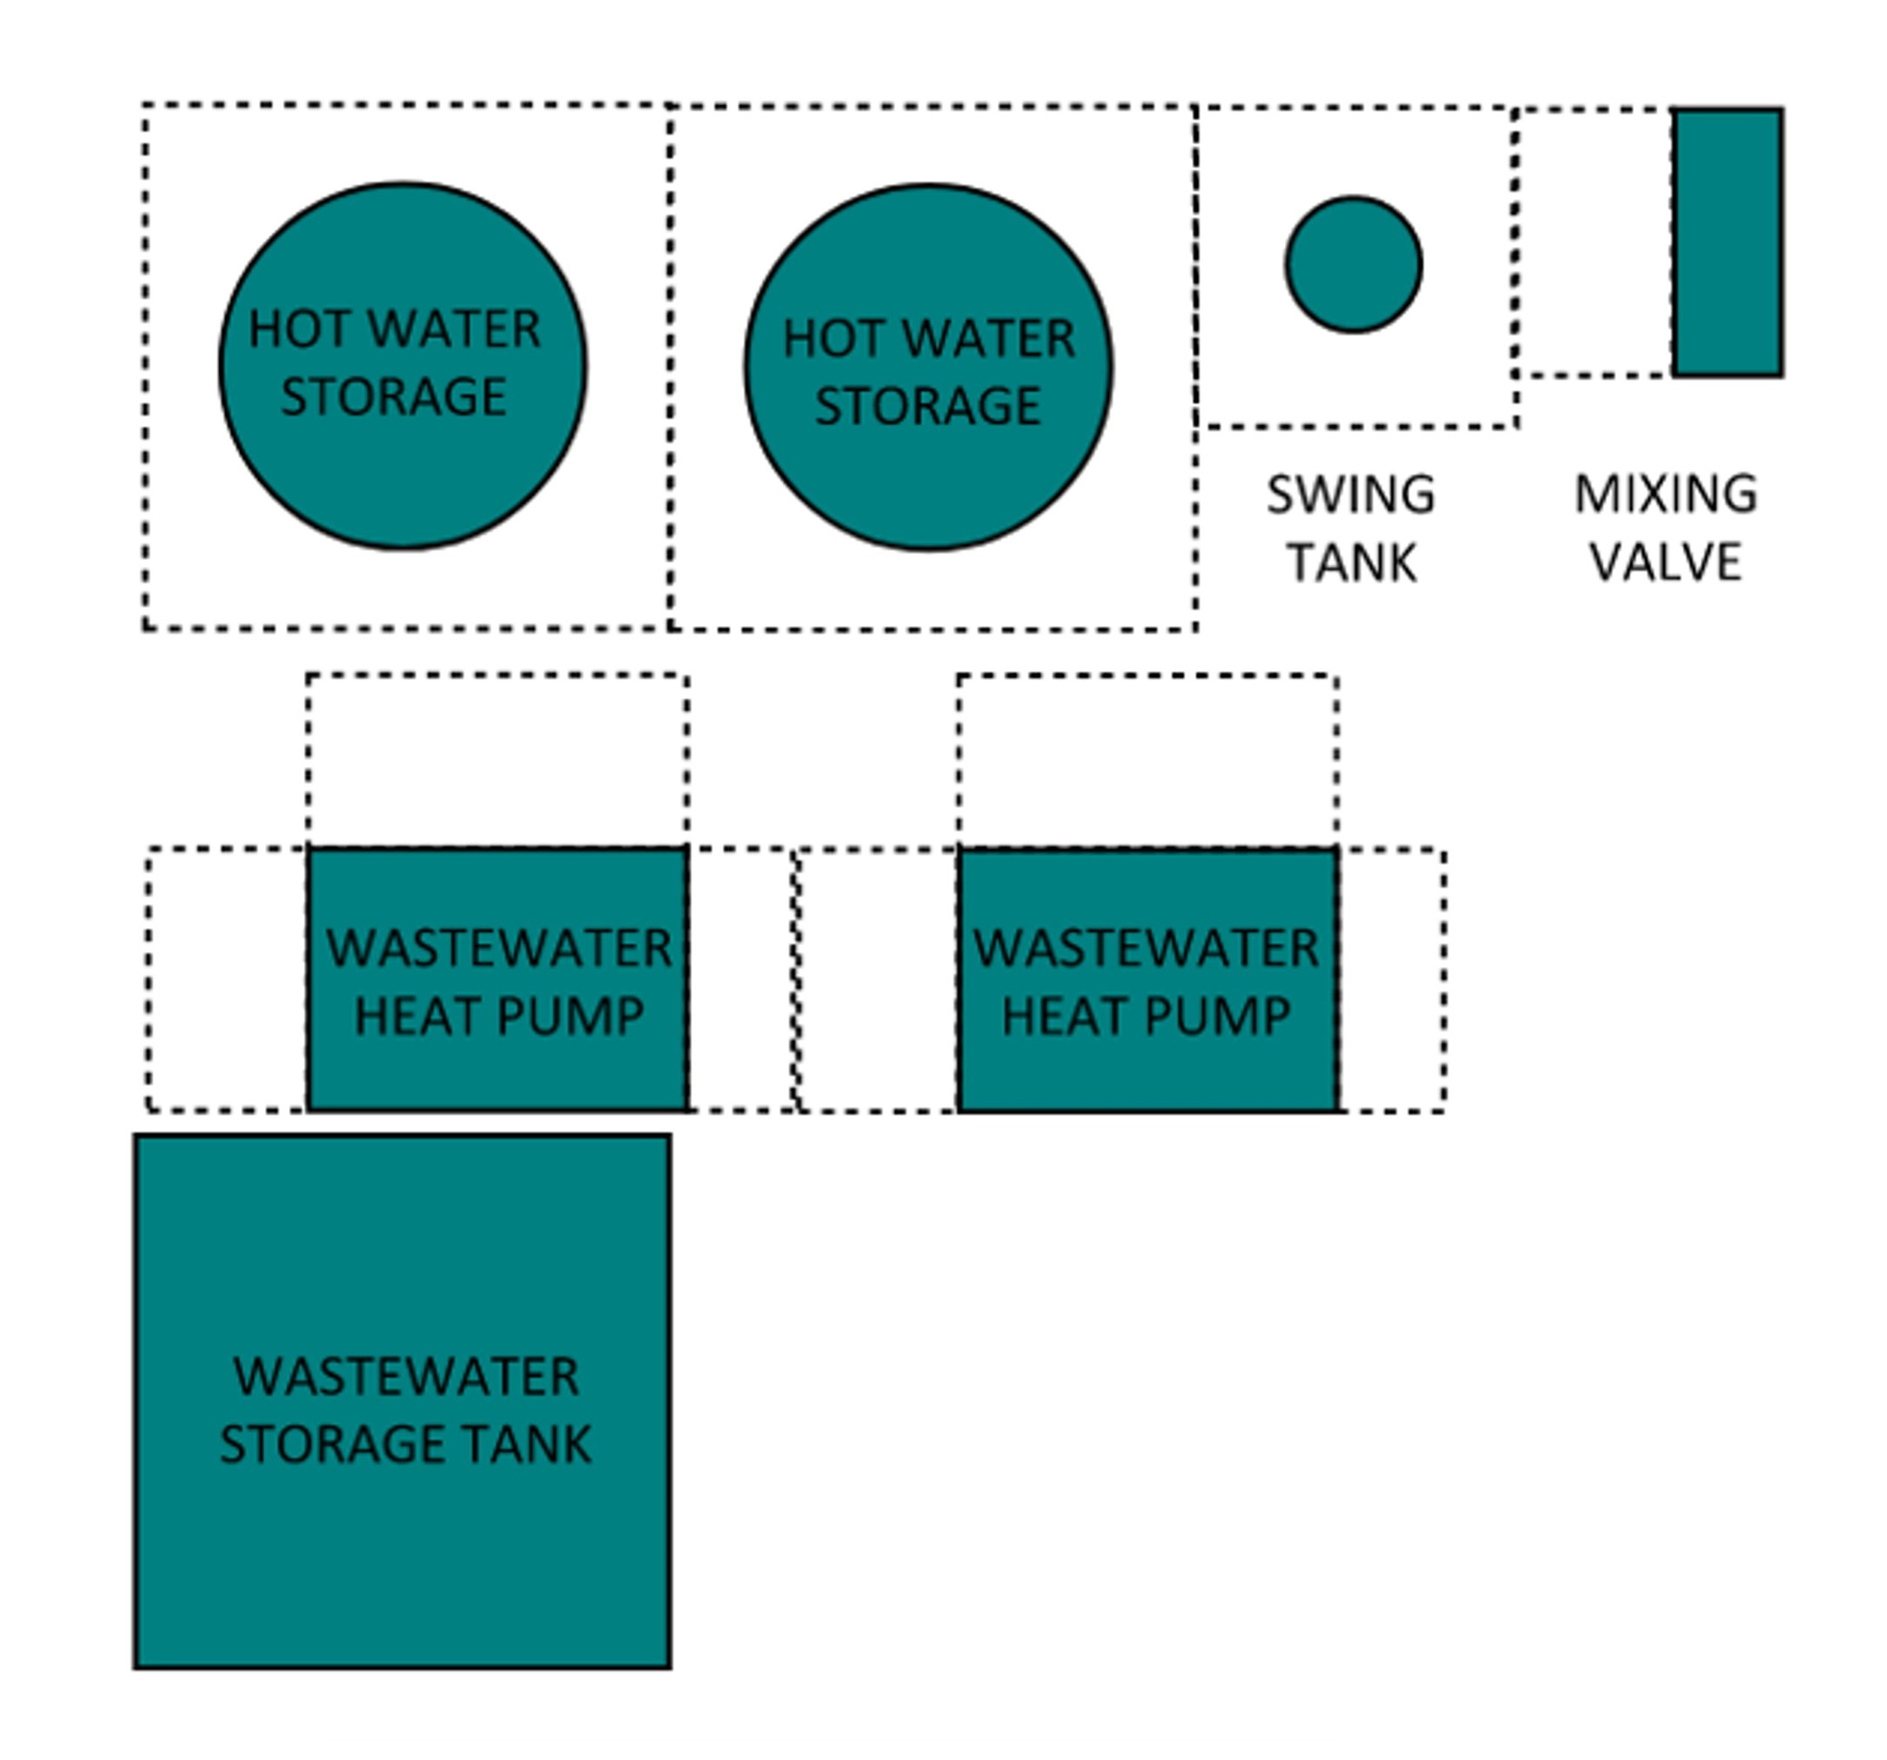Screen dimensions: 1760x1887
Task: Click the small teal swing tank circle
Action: (x=1353, y=264)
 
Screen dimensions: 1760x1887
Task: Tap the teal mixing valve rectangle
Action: (x=1727, y=242)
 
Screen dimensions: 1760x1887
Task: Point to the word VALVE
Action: (x=1666, y=562)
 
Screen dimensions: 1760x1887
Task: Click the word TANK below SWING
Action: (x=1352, y=563)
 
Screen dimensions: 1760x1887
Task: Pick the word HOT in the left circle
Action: (x=291, y=330)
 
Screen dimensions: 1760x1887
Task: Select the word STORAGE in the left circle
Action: (x=393, y=397)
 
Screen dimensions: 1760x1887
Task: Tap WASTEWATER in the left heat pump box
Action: (x=499, y=948)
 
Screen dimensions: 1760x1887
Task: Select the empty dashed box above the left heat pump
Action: (x=498, y=760)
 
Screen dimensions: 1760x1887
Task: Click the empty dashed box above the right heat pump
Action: (x=1148, y=760)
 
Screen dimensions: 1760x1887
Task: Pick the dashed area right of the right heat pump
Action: (x=1391, y=980)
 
